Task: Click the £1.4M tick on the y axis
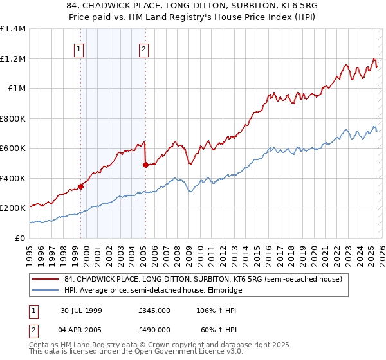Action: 12,29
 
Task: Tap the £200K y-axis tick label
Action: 12,208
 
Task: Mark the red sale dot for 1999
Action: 81,186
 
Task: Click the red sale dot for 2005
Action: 145,165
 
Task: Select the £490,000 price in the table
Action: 154,329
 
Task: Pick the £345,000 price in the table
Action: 154,310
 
